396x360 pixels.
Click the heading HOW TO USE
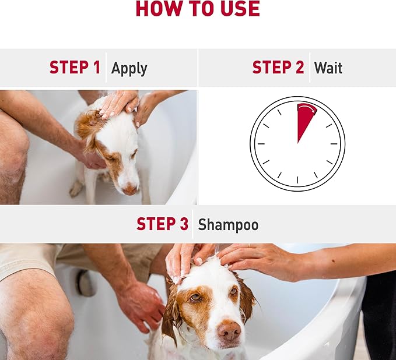198,8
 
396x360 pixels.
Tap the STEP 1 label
75,68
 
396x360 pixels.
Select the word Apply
129,69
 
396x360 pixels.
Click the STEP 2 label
278,68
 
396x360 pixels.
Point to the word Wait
328,68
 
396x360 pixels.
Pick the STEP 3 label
162,224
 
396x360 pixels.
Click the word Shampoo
228,225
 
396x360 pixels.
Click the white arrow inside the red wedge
307,109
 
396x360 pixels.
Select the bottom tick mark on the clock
297,180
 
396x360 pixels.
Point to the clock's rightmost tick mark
334,144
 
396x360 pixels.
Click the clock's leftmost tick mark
261,144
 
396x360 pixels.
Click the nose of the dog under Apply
130,189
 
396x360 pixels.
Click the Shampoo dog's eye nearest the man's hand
196,298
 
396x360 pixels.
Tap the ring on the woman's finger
249,246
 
